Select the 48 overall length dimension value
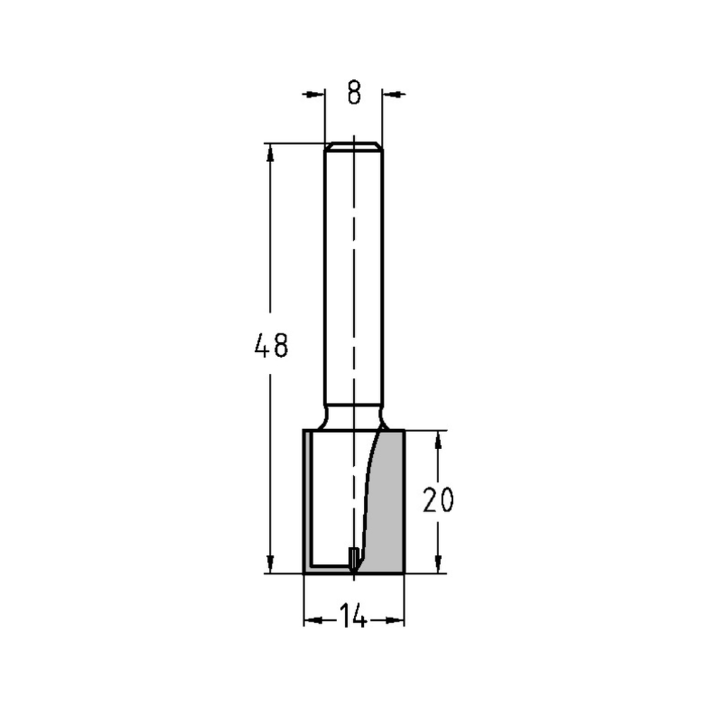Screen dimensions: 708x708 271,346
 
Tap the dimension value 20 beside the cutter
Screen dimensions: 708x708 438,501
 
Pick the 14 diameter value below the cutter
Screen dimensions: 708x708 353,617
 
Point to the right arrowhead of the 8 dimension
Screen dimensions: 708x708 392,93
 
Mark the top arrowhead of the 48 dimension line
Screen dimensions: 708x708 270,153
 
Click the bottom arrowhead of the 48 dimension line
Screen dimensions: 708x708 270,564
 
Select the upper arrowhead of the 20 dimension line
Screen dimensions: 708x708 438,440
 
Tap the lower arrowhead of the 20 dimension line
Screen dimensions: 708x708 438,564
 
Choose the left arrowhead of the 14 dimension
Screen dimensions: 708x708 313,621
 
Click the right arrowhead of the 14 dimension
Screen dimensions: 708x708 395,621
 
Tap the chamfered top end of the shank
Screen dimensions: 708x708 353,147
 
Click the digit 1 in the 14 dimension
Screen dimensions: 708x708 343,617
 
